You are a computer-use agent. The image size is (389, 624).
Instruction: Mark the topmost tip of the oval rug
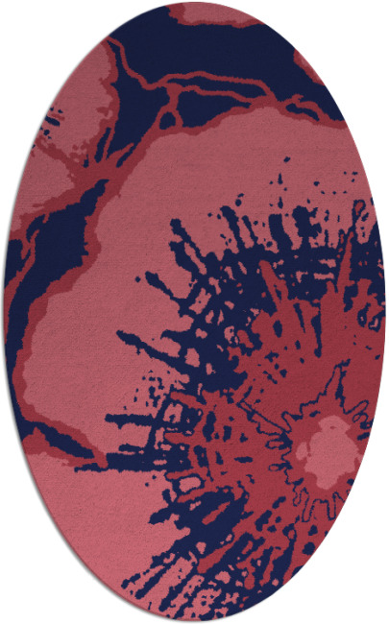[x=195, y=3]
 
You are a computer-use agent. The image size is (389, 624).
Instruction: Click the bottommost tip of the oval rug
[x=195, y=621]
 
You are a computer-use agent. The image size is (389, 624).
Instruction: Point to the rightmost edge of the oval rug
[x=385, y=312]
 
